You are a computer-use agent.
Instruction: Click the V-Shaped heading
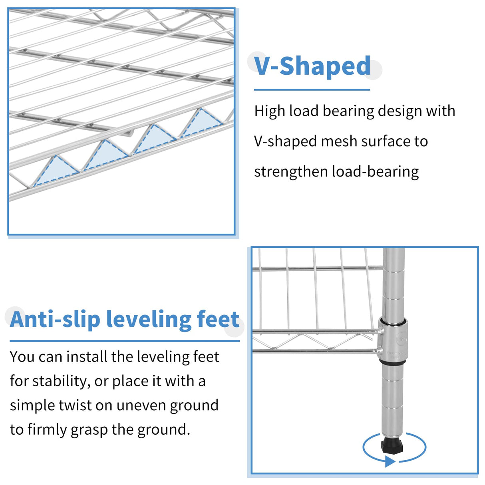click(312, 66)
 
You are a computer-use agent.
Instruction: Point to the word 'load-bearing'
click(375, 172)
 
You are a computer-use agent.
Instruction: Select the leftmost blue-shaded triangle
click(56, 171)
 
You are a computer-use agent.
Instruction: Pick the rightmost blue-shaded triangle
click(201, 122)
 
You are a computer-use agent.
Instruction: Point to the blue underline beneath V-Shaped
click(312, 89)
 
